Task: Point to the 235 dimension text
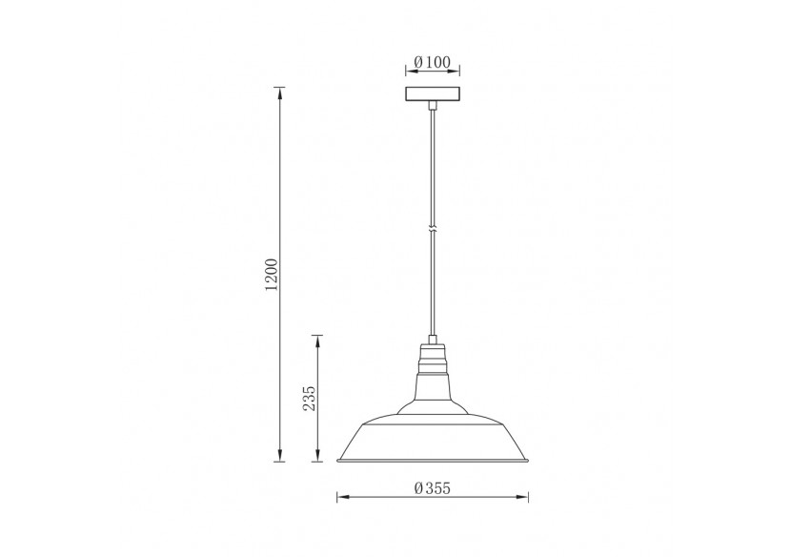tap(309, 399)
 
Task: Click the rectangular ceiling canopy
tap(433, 94)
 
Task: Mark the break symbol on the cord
tap(433, 230)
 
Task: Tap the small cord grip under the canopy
tap(433, 105)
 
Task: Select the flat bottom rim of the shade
tap(433, 461)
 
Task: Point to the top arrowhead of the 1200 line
tap(279, 92)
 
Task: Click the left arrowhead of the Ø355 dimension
tap(342, 497)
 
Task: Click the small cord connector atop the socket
tap(433, 339)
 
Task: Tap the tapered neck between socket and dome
tap(433, 386)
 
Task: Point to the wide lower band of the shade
tap(433, 439)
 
